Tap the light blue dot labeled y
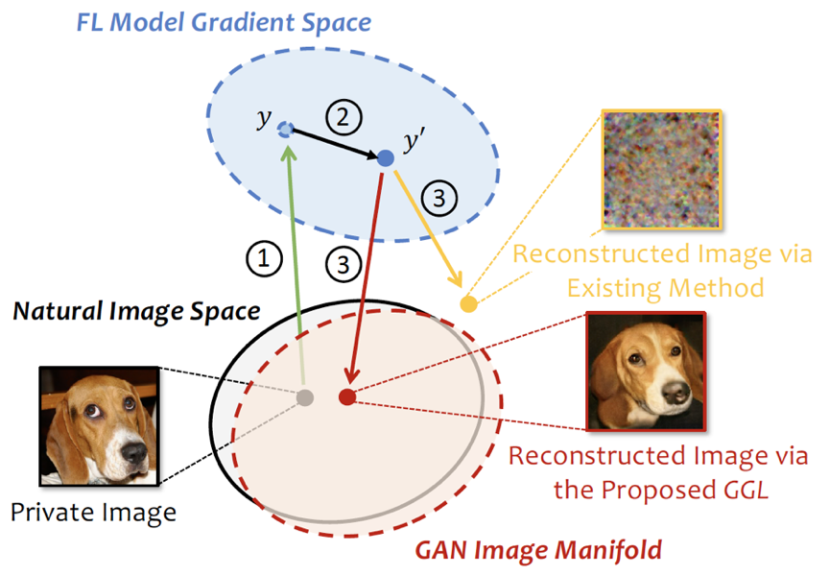[x=285, y=129]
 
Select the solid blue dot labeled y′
[x=385, y=157]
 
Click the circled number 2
[x=342, y=118]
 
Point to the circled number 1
[x=266, y=256]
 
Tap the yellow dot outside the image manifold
[x=468, y=304]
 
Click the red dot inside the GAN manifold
[x=347, y=396]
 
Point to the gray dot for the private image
[x=305, y=396]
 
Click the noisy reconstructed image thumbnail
[x=661, y=170]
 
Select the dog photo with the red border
[x=646, y=372]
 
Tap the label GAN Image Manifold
[x=538, y=550]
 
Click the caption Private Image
[x=93, y=512]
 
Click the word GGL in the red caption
[x=745, y=491]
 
